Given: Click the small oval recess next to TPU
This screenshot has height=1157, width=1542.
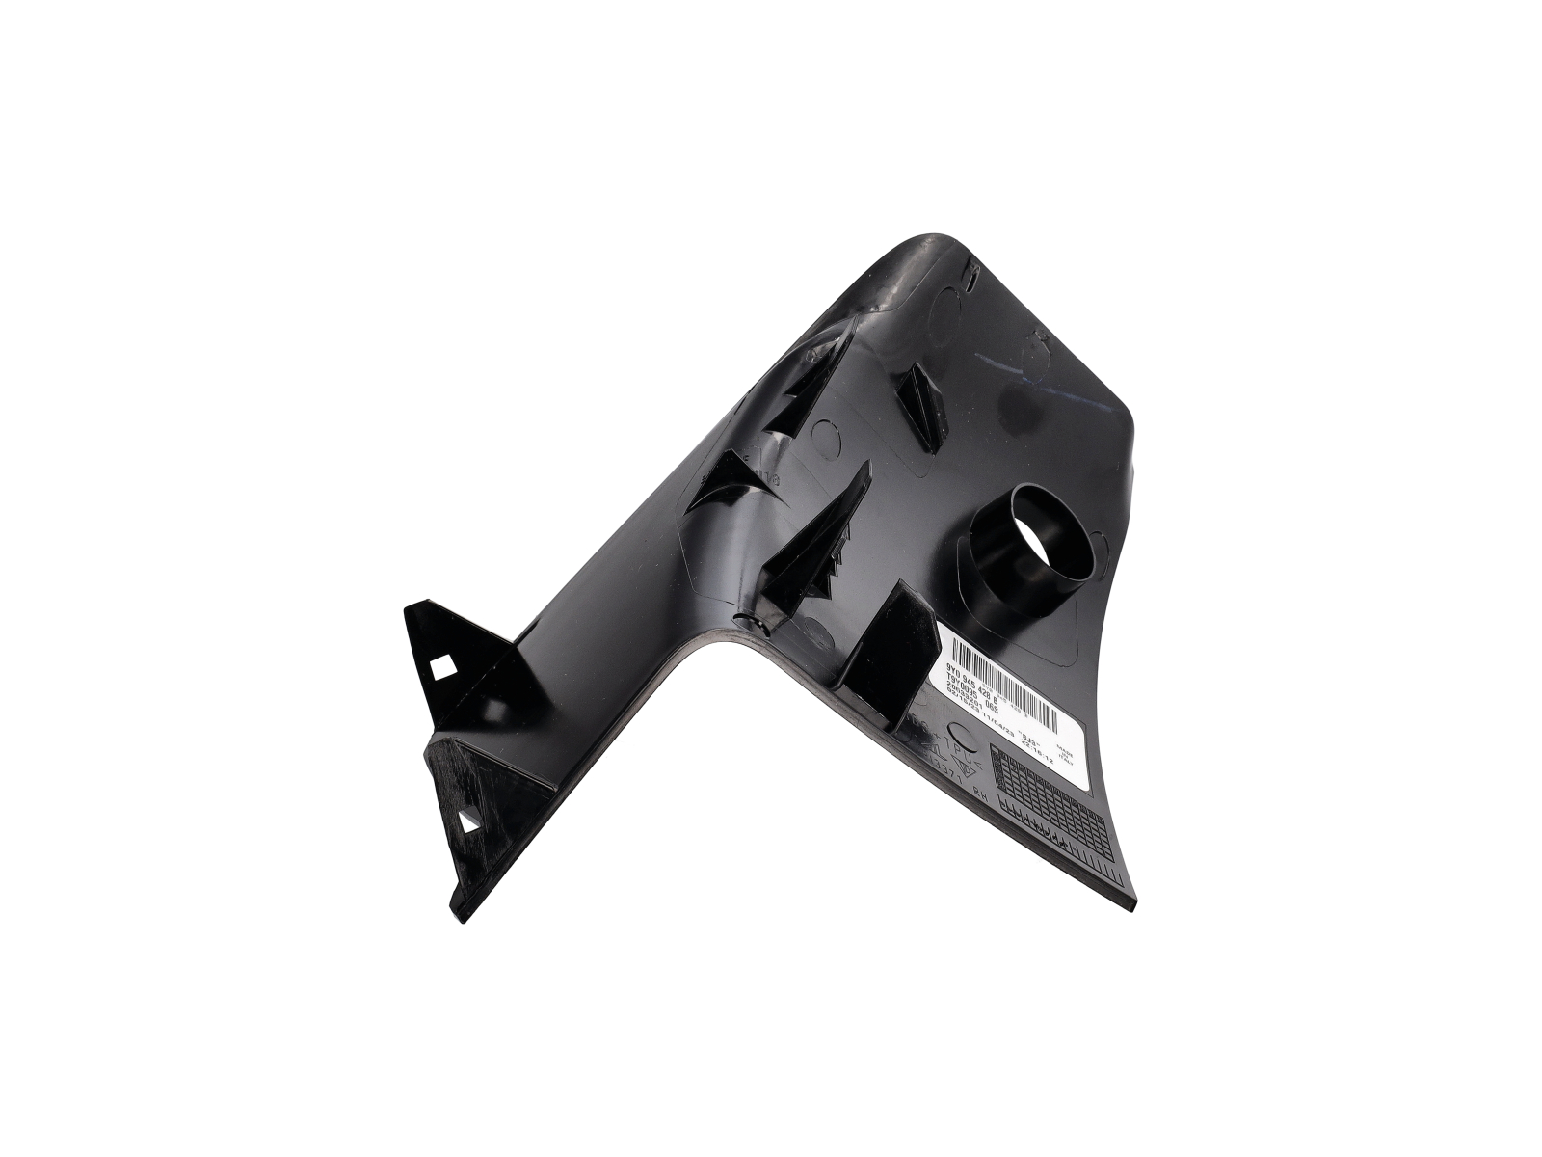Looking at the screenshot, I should (964, 735).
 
